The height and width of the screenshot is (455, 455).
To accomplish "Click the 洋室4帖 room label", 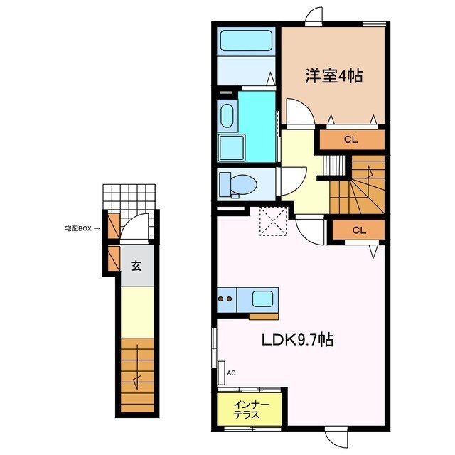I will tap(333, 75).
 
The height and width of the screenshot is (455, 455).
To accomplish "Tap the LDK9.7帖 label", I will tap(299, 340).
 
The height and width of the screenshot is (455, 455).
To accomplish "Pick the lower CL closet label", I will tap(358, 230).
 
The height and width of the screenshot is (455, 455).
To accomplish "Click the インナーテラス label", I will tap(251, 409).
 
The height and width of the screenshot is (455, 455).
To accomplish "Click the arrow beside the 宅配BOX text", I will tap(97, 229).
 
